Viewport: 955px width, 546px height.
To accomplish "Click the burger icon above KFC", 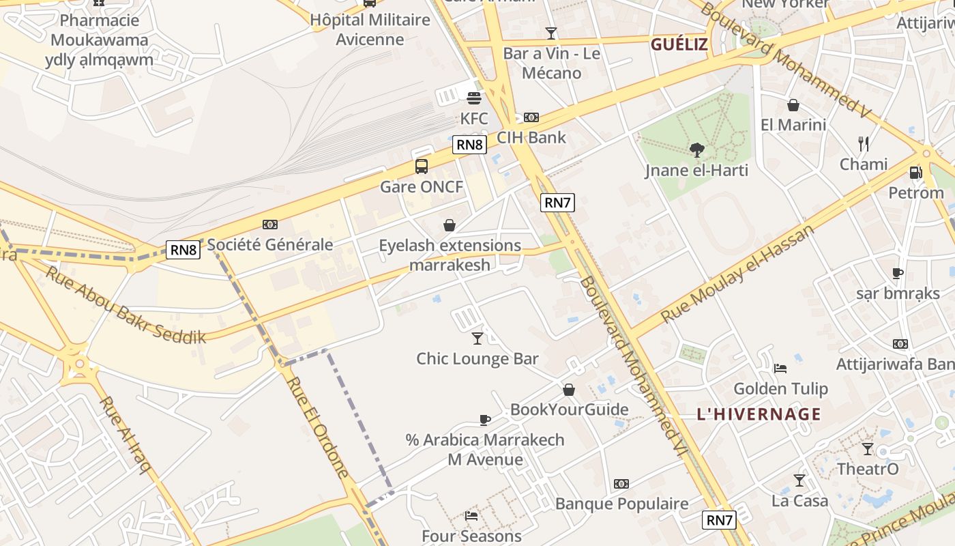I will click(474, 98).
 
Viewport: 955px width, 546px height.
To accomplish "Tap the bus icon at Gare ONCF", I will click(422, 166).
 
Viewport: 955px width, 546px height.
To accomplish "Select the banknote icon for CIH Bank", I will click(531, 117).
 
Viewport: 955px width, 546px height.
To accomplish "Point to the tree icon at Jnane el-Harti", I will click(696, 149).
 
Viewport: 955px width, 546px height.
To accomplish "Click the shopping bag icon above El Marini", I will click(793, 105).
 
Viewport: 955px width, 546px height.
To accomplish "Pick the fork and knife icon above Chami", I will click(864, 143).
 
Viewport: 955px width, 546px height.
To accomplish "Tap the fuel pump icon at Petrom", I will click(915, 173).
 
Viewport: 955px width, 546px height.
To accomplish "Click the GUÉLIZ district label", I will click(679, 45).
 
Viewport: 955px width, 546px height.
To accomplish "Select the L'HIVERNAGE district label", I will click(759, 414).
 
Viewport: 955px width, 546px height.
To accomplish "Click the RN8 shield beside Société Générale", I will click(183, 250).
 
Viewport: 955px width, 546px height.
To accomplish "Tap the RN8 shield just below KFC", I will click(470, 145).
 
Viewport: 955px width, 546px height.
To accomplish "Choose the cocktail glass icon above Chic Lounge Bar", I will click(477, 338).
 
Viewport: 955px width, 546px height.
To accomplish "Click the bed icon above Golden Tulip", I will click(780, 369).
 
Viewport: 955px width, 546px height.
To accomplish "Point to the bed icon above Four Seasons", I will click(471, 516).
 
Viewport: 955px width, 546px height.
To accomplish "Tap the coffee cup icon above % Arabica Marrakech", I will click(485, 420).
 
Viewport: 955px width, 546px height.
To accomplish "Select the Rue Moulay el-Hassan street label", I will click(739, 273).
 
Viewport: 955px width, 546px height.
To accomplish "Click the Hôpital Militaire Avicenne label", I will click(370, 29).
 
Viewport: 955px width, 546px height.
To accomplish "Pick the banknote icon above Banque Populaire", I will click(621, 484).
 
